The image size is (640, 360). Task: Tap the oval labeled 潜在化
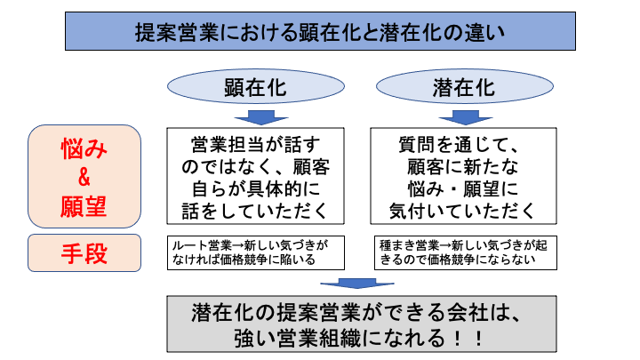[x=463, y=88]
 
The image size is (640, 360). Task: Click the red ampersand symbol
[x=84, y=177]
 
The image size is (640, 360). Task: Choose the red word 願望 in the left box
[x=84, y=205]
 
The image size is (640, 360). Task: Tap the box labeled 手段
[x=84, y=252]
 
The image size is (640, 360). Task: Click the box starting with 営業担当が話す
[x=254, y=176]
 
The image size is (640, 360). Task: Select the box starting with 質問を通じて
[x=462, y=176]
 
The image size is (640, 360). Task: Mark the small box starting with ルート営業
[x=254, y=252]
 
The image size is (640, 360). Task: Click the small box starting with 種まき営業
[x=462, y=252]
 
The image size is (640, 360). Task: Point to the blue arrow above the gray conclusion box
[x=356, y=284]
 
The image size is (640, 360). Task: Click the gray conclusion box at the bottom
[x=355, y=324]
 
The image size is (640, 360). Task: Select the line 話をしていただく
[x=254, y=211]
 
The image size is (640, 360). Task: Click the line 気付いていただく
[x=462, y=211]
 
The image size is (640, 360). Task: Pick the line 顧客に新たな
[x=462, y=166]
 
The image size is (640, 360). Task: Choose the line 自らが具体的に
[x=254, y=188]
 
